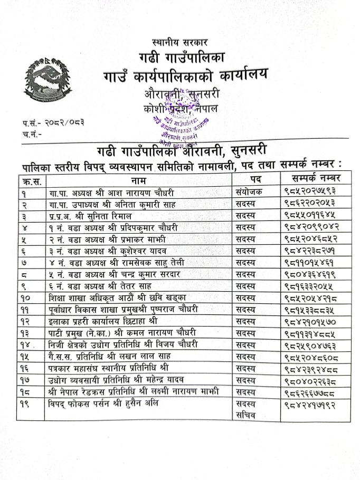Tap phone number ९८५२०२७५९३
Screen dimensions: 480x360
(310, 191)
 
